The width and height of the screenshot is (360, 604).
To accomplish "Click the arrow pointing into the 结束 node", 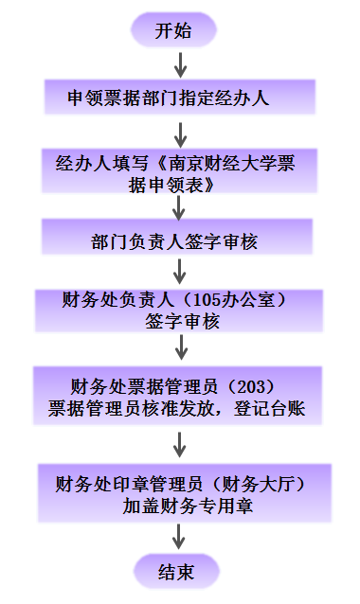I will click(178, 539).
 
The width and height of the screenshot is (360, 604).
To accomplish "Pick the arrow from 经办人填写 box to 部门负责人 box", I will click(178, 206).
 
